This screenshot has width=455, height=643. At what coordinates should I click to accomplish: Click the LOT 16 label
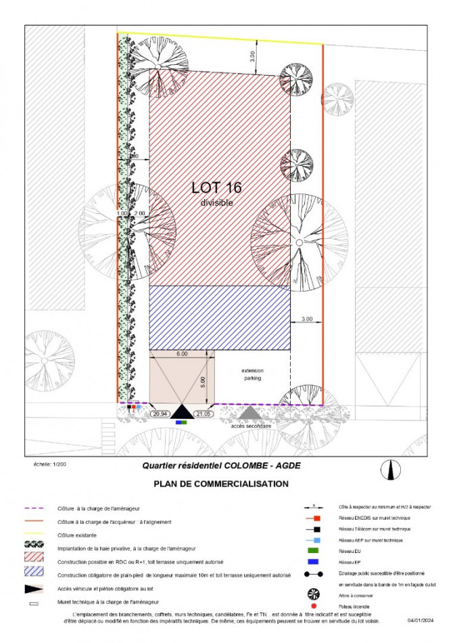[216, 187]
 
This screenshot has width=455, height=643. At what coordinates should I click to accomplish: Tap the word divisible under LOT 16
[216, 202]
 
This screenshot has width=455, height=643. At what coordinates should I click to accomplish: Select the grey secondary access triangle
[249, 412]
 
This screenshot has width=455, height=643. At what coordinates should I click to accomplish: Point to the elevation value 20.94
[160, 414]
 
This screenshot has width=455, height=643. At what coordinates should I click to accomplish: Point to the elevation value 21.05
[203, 414]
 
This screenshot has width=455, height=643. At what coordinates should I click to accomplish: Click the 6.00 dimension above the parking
[182, 354]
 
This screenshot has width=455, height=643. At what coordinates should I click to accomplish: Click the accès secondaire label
[250, 426]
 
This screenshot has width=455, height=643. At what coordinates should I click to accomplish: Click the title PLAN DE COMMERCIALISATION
[221, 484]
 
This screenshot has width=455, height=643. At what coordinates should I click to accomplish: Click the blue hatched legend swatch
[34, 574]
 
